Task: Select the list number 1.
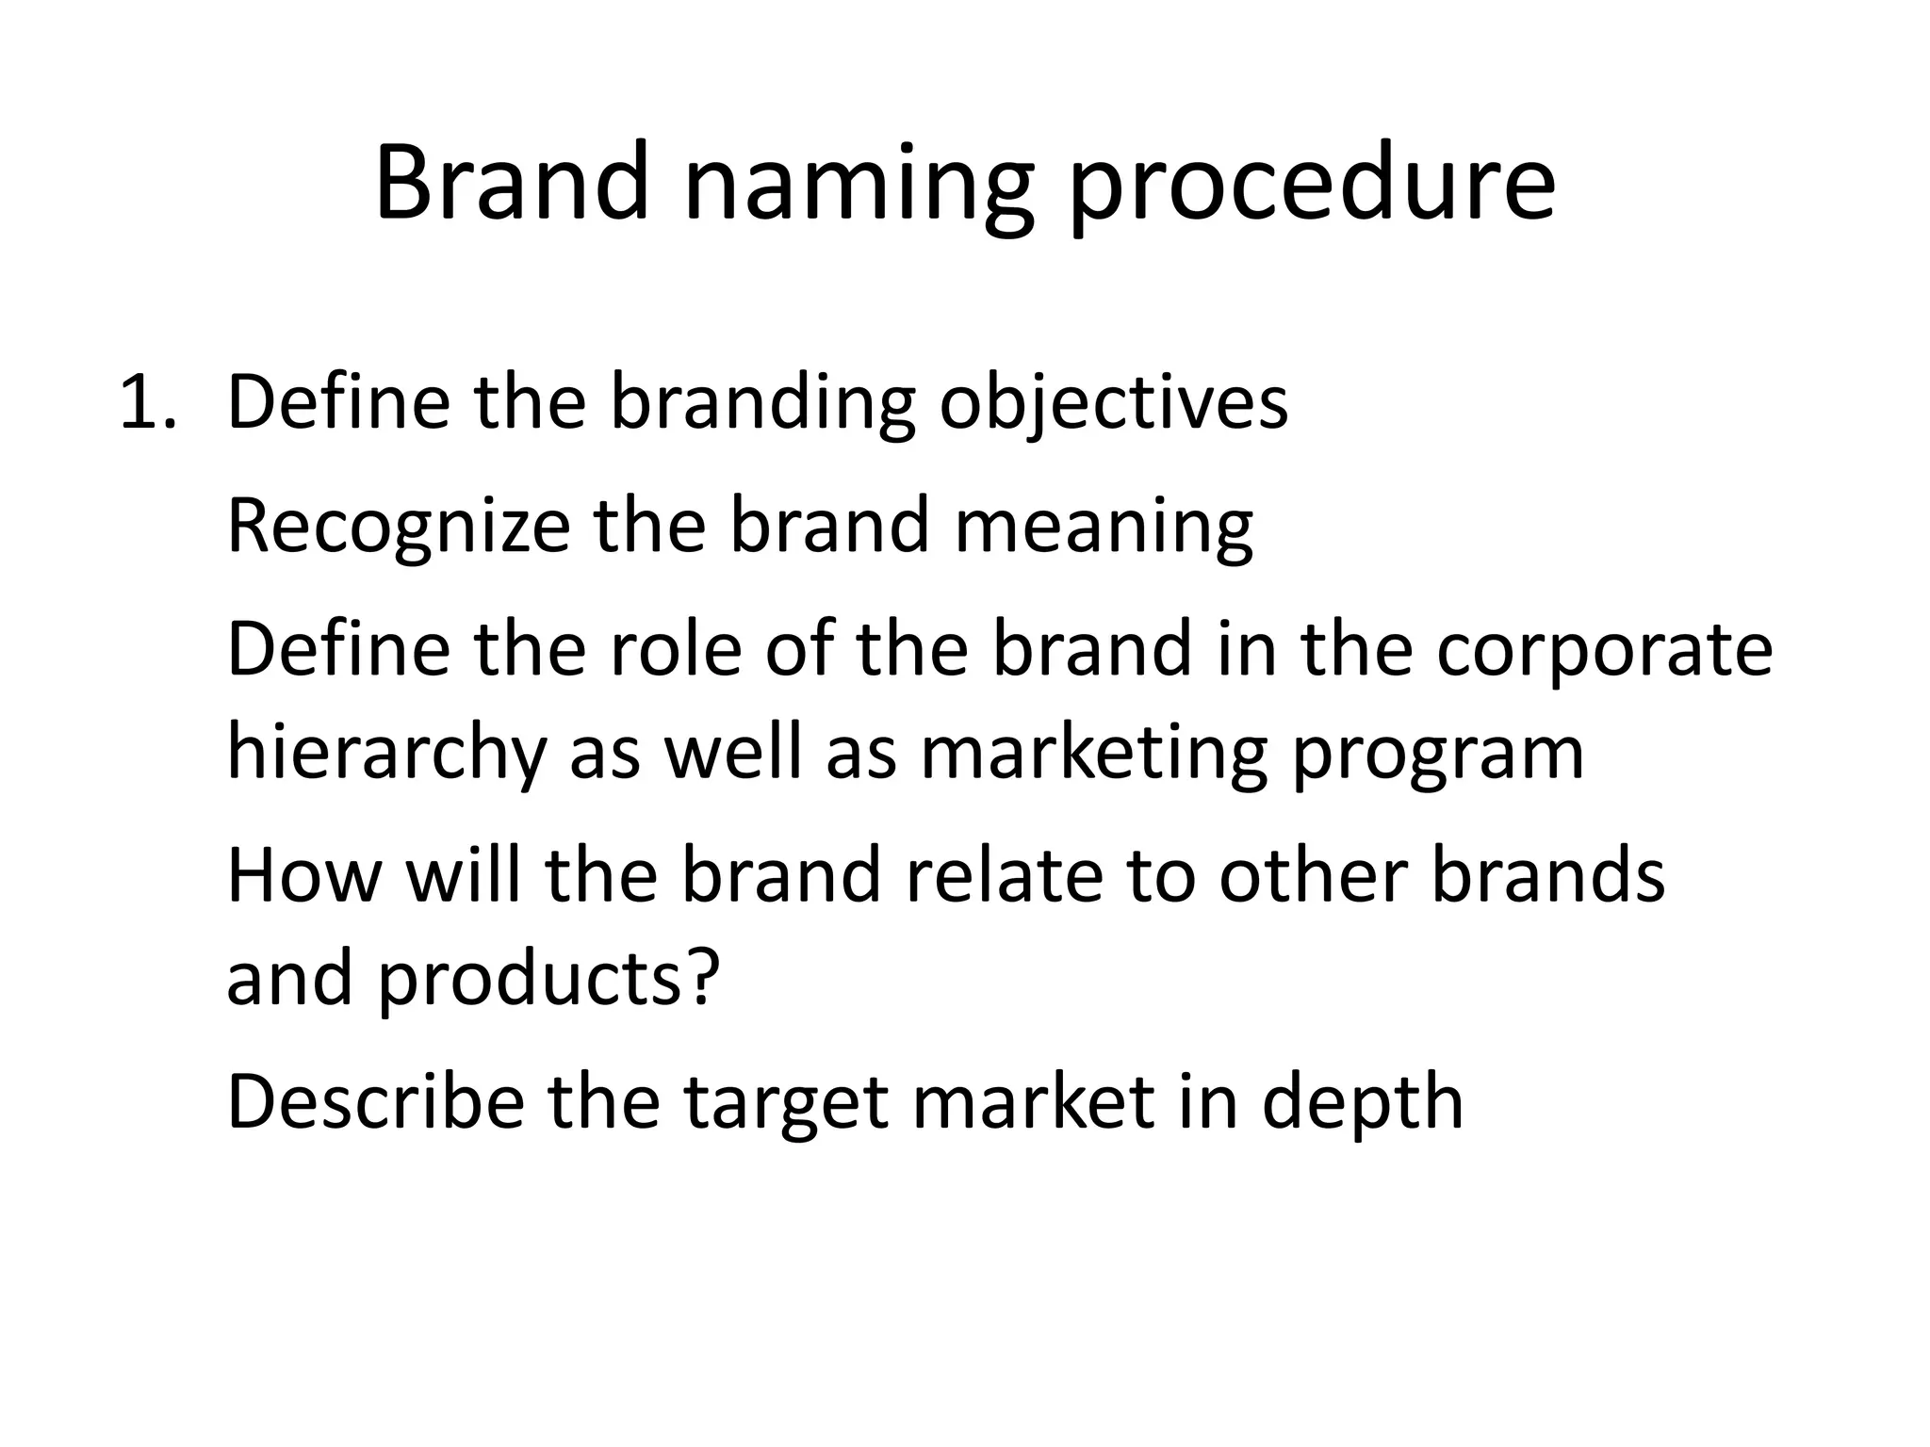(x=147, y=403)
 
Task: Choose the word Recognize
(x=398, y=527)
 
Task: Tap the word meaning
(x=1104, y=527)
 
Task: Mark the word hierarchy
(x=386, y=754)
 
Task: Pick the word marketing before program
(x=1093, y=754)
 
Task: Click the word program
(x=1438, y=754)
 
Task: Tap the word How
(x=303, y=874)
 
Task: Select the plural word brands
(x=1548, y=874)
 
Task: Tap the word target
(x=785, y=1102)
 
